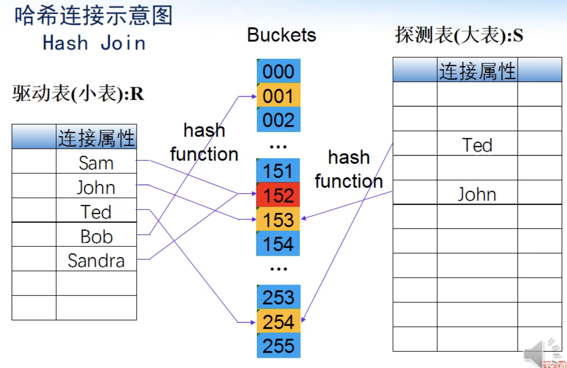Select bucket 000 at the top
[279, 71]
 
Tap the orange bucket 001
[279, 96]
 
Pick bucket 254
[279, 322]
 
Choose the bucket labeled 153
[278, 219]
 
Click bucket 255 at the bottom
[279, 346]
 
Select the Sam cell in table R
[96, 163]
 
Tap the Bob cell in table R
[96, 236]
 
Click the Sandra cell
[96, 260]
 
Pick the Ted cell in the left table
[96, 212]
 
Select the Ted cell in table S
[477, 145]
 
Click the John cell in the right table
[477, 194]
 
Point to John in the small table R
[96, 187]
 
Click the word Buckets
[281, 35]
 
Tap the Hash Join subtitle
[94, 43]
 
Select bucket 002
[279, 120]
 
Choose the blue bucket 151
[278, 171]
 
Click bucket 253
[279, 297]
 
